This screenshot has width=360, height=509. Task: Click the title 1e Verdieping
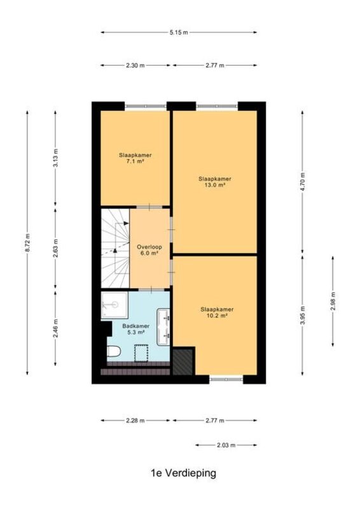tap(183, 473)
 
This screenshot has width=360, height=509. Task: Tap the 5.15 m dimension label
tap(179, 32)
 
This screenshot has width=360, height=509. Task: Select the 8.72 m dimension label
tap(27, 242)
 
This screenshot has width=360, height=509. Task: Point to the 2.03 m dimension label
tap(226, 445)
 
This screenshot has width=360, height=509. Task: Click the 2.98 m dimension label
tap(333, 301)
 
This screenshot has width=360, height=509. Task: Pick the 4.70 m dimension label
tap(303, 181)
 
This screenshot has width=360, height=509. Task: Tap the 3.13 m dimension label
tap(55, 158)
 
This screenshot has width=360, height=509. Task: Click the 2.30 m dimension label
tap(135, 66)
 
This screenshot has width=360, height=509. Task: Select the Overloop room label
tap(149, 250)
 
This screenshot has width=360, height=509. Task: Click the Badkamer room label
tap(136, 329)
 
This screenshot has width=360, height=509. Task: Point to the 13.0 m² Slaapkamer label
tap(215, 182)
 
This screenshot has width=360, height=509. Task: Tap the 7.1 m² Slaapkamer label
tap(135, 158)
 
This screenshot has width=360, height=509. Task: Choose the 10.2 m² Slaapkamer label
tap(217, 312)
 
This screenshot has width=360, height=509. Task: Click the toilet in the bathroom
tap(114, 351)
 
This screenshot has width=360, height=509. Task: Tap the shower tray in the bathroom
tap(114, 305)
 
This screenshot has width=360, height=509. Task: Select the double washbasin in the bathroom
tap(163, 327)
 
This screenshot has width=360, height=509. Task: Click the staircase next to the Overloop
tap(115, 248)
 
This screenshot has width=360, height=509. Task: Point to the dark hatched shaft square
tap(183, 361)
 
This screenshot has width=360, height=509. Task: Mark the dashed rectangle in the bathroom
tap(141, 354)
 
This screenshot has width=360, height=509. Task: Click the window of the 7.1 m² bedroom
tap(146, 106)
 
